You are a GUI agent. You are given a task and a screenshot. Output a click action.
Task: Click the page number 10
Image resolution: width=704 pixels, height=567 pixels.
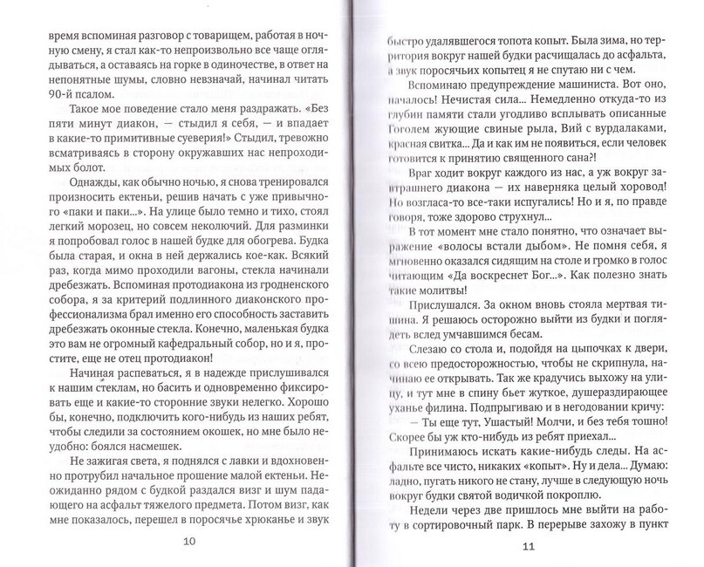[x=190, y=541]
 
